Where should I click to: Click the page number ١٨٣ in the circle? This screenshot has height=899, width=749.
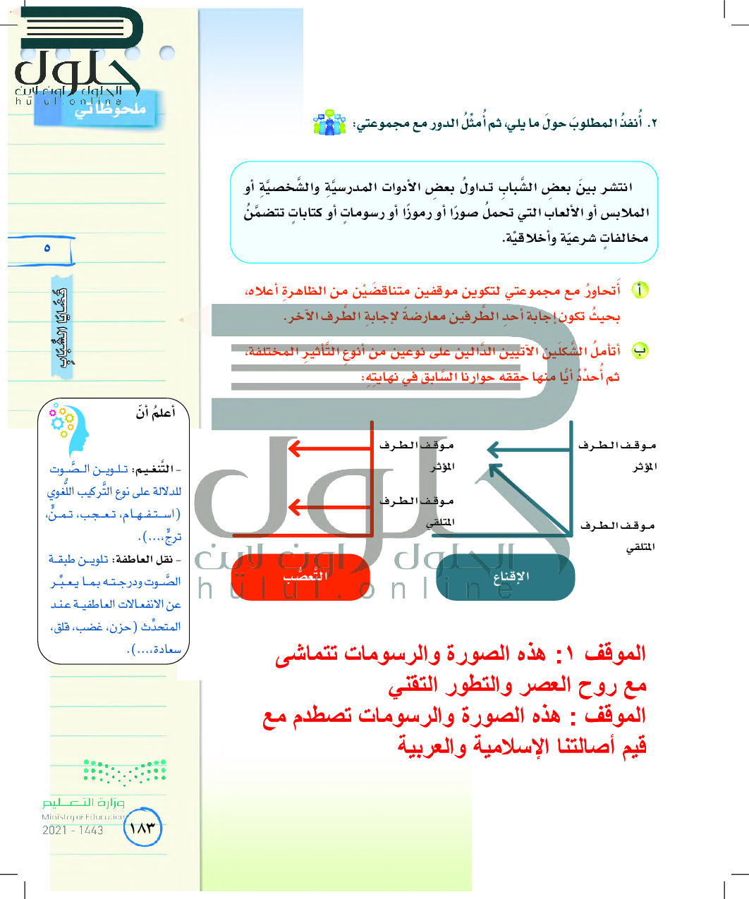pyautogui.click(x=142, y=828)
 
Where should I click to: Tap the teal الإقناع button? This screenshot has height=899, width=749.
pyautogui.click(x=505, y=577)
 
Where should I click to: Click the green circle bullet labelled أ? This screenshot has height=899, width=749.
pyautogui.click(x=639, y=291)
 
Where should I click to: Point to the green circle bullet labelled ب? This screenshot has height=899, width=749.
pyautogui.click(x=639, y=350)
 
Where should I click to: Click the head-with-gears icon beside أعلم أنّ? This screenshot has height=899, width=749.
pyautogui.click(x=69, y=427)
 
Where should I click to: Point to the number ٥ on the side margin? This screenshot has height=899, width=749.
pyautogui.click(x=47, y=248)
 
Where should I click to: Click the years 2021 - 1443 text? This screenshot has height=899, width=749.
pyautogui.click(x=73, y=831)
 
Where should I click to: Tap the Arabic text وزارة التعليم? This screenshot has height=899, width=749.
pyautogui.click(x=83, y=803)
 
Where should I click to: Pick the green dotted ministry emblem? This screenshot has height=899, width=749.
pyautogui.click(x=125, y=772)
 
